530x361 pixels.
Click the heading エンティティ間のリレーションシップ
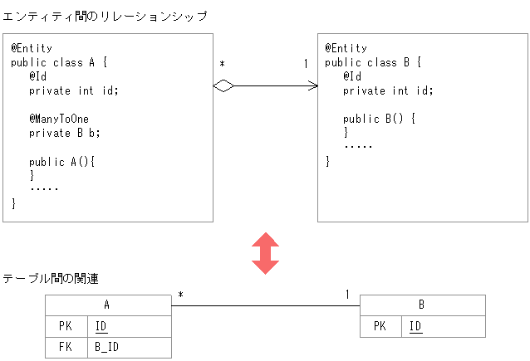105,16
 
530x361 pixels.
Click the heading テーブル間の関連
52,279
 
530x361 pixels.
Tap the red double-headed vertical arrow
265,253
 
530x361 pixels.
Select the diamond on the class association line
224,85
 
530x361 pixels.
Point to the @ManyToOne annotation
59,119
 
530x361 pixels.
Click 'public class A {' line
60,62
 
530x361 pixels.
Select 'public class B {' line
374,62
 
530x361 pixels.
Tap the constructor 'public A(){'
62,161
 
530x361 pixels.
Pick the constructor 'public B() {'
380,119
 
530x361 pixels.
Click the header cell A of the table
108,305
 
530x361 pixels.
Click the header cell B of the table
422,305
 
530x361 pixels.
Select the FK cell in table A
66,347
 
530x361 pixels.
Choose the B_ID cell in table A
107,347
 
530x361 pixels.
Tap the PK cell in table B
380,326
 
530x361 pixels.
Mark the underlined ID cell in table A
101,326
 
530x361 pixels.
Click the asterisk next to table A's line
180,295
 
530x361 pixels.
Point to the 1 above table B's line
347,295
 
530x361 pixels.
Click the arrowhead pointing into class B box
313,85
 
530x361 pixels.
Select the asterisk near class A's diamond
222,65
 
